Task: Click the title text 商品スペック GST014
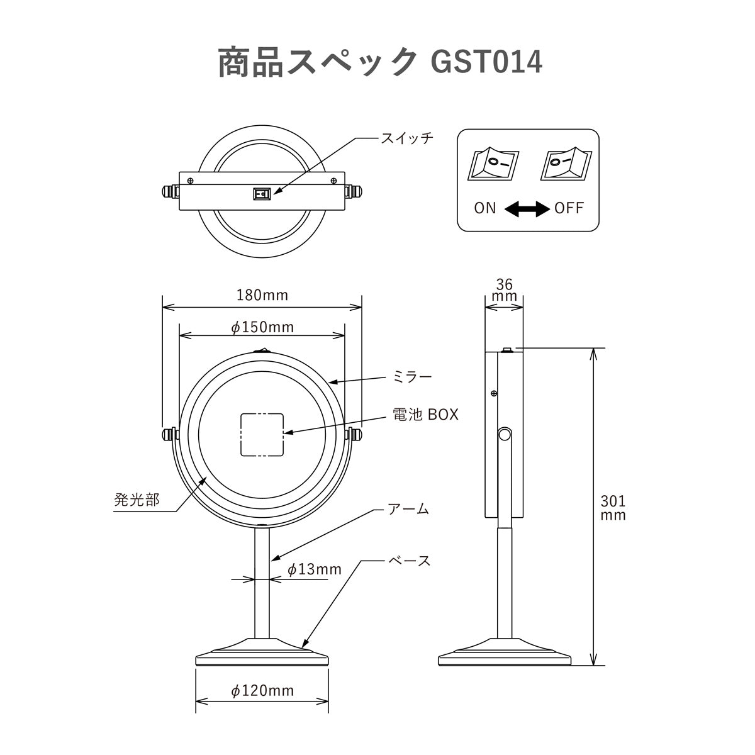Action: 379,62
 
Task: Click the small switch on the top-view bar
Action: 261,194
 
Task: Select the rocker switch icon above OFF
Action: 564,165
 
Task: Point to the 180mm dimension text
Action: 262,294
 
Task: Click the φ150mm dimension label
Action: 262,327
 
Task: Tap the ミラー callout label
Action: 412,377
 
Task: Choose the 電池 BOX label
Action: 425,415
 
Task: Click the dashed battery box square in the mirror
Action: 262,434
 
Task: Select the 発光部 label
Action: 137,500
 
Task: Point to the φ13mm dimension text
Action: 314,569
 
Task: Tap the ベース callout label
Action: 410,560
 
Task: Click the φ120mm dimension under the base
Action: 262,691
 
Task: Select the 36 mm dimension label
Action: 504,290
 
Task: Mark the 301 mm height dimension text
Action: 613,508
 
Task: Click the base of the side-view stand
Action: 505,656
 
